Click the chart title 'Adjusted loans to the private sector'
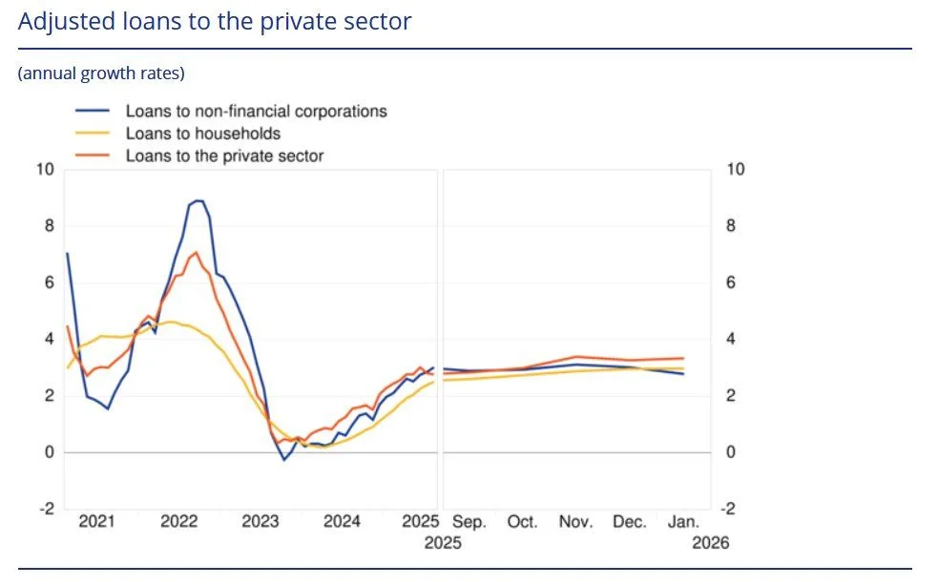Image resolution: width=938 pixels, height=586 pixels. click(x=215, y=22)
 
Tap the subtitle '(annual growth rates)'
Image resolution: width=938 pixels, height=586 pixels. click(x=101, y=73)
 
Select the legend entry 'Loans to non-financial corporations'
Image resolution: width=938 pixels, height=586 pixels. click(x=256, y=111)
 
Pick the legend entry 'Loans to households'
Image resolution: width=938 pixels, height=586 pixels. click(x=202, y=134)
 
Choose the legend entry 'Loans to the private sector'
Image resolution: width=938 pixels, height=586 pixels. click(x=224, y=156)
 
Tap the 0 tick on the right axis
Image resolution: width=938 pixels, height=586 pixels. click(x=731, y=452)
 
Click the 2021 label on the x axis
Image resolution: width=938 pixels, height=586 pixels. click(x=96, y=522)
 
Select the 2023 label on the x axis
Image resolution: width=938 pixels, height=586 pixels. click(x=261, y=522)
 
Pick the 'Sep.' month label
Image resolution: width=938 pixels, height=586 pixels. click(x=469, y=522)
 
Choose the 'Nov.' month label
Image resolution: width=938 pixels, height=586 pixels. click(x=575, y=522)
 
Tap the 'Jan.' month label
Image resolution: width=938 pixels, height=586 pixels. click(x=683, y=522)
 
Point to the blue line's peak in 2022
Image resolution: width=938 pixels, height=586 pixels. click(x=198, y=200)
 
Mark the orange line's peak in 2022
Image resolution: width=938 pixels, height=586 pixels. click(x=196, y=253)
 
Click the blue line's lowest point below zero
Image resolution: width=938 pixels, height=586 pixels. click(x=283, y=460)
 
